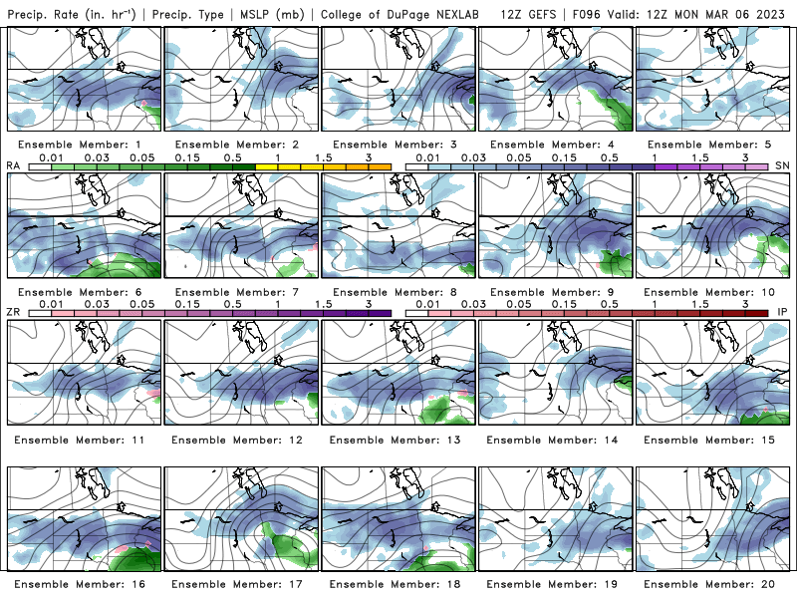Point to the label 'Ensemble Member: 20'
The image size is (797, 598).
pyautogui.click(x=716, y=584)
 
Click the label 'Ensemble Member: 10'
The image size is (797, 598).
pyautogui.click(x=716, y=291)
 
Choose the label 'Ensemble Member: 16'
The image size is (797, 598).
pyautogui.click(x=82, y=584)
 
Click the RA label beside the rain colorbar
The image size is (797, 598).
pyautogui.click(x=14, y=165)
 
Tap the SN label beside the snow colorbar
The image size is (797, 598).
pyautogui.click(x=782, y=165)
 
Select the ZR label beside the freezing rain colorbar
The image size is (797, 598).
pyautogui.click(x=14, y=313)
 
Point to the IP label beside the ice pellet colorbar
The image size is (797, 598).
pyautogui.click(x=782, y=313)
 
